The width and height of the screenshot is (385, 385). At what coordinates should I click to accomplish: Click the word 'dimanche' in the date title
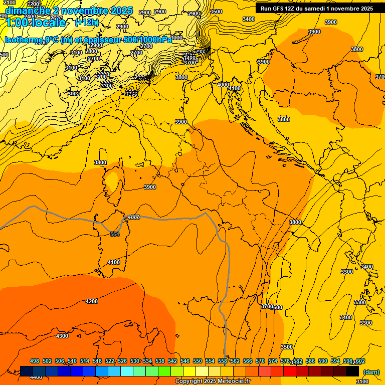click(x=24, y=11)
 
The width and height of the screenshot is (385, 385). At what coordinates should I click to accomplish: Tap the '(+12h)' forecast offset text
click(x=87, y=22)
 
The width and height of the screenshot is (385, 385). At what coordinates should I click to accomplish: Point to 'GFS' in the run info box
click(x=282, y=8)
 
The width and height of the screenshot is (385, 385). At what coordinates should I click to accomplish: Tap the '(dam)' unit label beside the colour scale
click(x=371, y=372)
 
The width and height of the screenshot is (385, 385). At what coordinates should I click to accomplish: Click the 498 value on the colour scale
click(x=35, y=361)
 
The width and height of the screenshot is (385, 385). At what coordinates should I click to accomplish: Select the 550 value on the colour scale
click(x=198, y=361)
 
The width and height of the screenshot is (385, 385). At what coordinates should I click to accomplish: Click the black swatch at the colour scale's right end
click(x=352, y=371)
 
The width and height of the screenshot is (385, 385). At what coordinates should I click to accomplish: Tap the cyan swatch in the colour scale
click(x=127, y=371)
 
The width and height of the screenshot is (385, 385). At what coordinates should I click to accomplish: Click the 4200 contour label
click(x=92, y=301)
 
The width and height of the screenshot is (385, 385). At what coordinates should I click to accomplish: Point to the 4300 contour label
click(x=62, y=336)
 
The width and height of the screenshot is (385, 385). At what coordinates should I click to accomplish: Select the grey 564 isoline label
click(x=115, y=234)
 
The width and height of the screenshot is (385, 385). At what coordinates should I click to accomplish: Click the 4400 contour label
click(x=36, y=377)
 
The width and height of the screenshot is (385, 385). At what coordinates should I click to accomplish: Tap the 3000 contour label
click(x=74, y=94)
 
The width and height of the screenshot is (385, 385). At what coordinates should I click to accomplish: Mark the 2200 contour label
click(x=34, y=4)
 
